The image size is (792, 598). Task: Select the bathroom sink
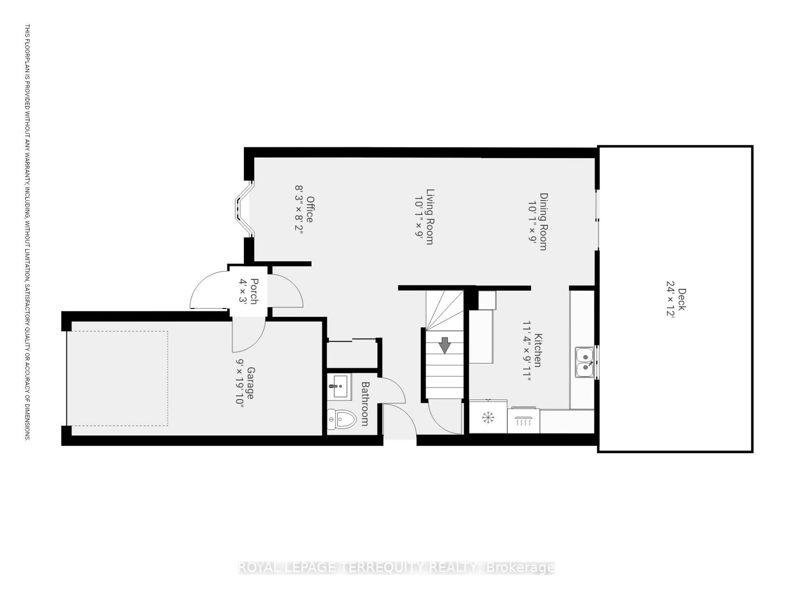pyautogui.click(x=339, y=386)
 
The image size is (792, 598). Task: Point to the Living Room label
pyautogui.click(x=430, y=217)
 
